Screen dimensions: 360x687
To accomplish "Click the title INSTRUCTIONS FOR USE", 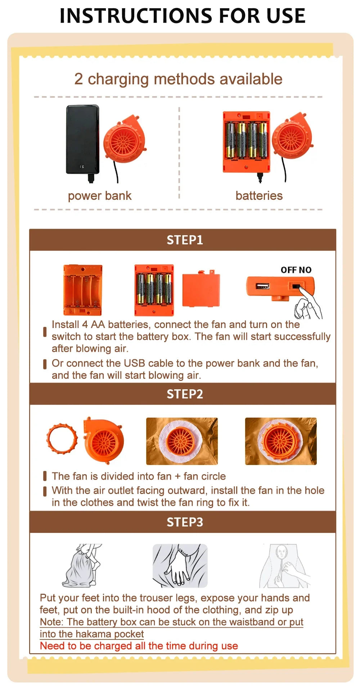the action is click(182, 15).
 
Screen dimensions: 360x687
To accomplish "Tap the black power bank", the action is click(82, 139).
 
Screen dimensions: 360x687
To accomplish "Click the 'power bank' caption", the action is click(100, 196).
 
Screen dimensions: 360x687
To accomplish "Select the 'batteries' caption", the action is click(259, 196).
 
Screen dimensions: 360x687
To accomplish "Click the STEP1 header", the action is click(185, 240).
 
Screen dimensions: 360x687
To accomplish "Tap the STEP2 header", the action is click(185, 394).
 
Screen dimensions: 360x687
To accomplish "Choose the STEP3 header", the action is click(185, 522).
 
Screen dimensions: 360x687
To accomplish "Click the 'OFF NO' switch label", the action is click(296, 270).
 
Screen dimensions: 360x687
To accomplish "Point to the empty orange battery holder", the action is click(83, 290).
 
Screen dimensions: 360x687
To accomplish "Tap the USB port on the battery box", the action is click(262, 286).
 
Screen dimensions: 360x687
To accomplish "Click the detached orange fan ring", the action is click(62, 439).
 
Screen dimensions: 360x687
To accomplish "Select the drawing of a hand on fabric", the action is click(180, 565).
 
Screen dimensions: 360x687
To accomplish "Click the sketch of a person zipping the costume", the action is click(284, 565).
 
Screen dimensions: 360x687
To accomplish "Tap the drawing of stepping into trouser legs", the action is click(82, 565).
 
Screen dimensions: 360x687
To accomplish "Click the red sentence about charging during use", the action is click(139, 646).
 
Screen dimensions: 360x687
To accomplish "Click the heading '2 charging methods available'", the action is click(178, 79).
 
